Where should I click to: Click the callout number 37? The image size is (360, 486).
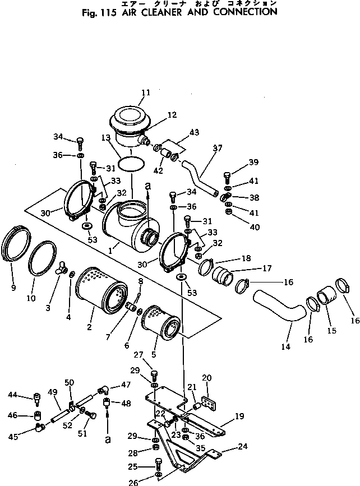218,148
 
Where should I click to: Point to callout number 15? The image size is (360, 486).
331,331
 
